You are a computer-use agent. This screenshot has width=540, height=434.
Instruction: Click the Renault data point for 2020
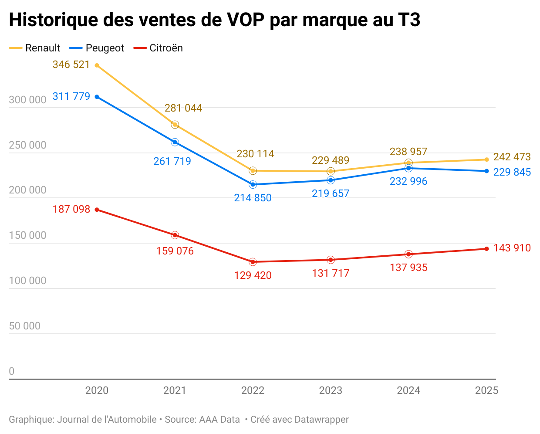point(97,65)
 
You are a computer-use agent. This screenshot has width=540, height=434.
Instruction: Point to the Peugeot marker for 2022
point(253,184)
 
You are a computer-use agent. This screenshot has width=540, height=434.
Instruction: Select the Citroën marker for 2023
point(331,260)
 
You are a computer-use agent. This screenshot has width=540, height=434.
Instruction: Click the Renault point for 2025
point(486,159)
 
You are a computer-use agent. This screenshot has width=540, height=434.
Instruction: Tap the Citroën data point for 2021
point(175,235)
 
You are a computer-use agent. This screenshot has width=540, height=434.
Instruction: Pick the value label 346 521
point(71,64)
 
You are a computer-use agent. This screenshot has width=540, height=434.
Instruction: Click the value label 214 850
point(253,198)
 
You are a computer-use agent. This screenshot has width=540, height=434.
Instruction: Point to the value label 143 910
point(512,248)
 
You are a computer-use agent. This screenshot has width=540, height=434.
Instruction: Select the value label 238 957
point(408,152)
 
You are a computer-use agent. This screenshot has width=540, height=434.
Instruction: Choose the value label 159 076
point(175,251)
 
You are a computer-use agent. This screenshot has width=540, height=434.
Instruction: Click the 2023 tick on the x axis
point(331,390)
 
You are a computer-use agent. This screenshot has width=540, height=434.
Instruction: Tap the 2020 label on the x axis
point(97,390)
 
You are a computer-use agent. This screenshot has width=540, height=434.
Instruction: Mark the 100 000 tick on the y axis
point(27,281)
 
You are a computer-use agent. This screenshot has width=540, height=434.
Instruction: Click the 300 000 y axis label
point(27,100)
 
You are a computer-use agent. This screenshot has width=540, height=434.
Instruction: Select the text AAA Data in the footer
point(219,420)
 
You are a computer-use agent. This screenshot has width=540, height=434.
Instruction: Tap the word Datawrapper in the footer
point(321,420)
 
